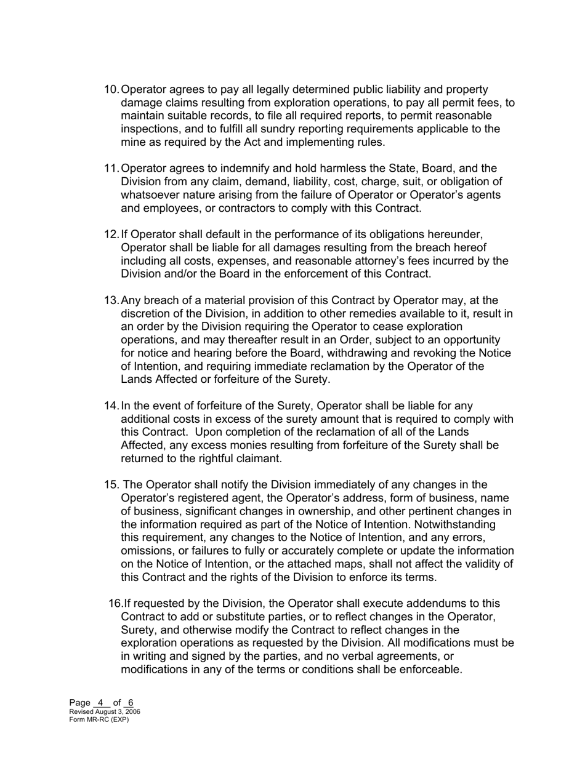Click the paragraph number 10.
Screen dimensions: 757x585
point(111,90)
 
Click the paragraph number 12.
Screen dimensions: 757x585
point(111,234)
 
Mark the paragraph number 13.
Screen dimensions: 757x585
point(111,300)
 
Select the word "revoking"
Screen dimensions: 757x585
point(451,353)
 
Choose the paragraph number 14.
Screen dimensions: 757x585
point(111,406)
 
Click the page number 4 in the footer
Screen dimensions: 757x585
point(100,703)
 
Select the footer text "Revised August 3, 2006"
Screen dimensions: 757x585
point(105,711)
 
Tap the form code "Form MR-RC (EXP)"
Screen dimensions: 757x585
point(99,719)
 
